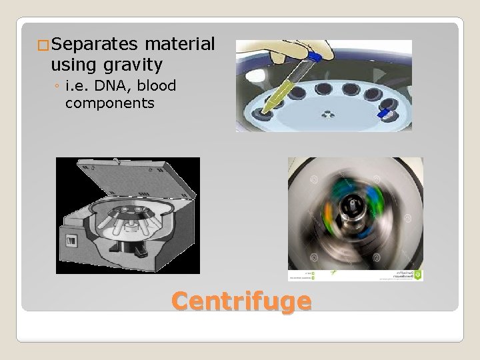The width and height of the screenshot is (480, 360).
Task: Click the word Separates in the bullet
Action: coord(93,45)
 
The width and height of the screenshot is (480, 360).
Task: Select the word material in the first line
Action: coord(178,45)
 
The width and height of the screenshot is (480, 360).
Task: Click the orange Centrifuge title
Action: coord(241,300)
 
